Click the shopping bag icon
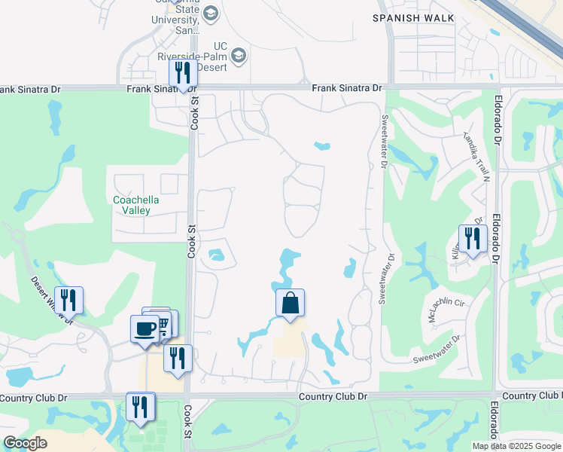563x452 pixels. [291, 304]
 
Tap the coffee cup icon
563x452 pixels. [145, 328]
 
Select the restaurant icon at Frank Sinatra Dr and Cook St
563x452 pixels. [183, 73]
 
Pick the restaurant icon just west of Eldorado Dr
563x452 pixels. [473, 238]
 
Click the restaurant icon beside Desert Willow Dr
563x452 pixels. [68, 300]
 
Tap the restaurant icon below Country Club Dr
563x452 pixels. [140, 407]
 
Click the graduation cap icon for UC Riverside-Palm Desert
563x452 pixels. [239, 54]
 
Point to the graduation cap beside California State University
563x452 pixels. [210, 13]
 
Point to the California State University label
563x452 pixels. [181, 17]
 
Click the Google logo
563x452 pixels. [26, 443]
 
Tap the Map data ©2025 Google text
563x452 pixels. [516, 446]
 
